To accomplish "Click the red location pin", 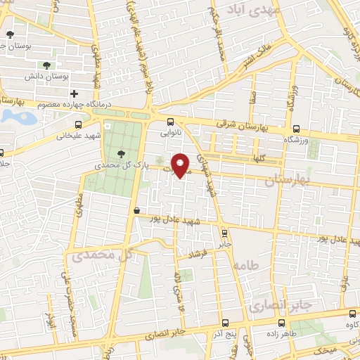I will tap(181, 165).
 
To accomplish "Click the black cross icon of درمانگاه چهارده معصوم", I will tap(74, 94).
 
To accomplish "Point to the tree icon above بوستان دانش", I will tap(46, 65).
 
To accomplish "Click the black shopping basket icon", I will tap(136, 210).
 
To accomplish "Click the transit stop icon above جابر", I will tap(224, 233).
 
